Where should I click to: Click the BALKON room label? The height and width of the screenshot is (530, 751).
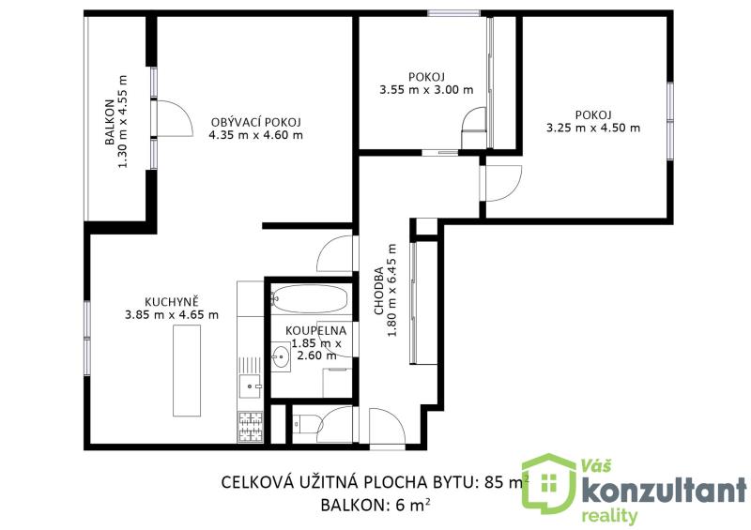pos(110,122)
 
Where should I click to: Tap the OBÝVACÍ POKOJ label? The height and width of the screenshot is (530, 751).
pos(255,123)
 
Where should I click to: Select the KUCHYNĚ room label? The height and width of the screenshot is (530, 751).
pos(172,302)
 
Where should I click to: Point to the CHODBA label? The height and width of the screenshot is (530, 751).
pos(379,291)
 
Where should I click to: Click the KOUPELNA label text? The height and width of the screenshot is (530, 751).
pos(315,331)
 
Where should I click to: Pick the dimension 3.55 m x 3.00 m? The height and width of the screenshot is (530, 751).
pos(426,89)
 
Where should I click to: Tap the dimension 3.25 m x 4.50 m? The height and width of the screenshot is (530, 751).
pos(593,128)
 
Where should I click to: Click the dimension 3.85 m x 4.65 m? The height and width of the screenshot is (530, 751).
pos(172,315)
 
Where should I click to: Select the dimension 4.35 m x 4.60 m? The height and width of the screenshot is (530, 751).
pos(255,135)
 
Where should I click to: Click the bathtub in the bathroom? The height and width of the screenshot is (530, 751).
pos(310,299)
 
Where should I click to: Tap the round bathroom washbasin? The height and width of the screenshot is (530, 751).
pos(280,356)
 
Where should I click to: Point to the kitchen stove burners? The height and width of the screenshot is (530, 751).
pos(251,427)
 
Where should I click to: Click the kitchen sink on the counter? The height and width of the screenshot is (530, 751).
pos(250,386)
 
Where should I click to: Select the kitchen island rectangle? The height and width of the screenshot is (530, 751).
pos(187,371)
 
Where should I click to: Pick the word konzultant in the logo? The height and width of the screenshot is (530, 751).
pos(664,490)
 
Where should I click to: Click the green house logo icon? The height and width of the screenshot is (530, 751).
pos(548,483)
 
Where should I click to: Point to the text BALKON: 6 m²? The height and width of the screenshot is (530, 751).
pos(375,505)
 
